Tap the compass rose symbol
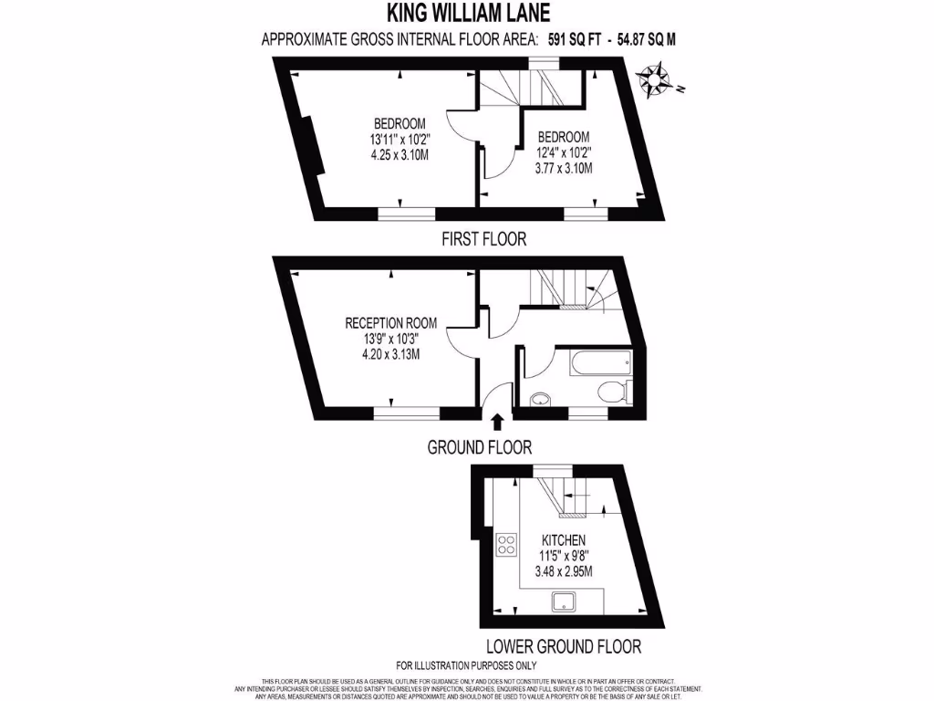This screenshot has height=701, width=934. coord(654,78)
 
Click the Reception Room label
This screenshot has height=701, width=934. coord(390,322)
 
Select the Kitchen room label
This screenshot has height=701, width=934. coord(563,541)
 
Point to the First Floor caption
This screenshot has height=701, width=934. coord(483,239)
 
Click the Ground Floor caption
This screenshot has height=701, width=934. coord(480,447)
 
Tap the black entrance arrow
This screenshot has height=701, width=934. coord(497,421)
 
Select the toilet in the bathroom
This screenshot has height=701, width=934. coord(613,392)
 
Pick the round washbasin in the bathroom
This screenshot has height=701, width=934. coord(540,398)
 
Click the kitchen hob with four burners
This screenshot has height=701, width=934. coord(505,545)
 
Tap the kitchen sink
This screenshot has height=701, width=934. coord(565,601)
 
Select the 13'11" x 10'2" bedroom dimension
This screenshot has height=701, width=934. coord(400,140)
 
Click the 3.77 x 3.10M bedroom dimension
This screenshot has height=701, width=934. coord(564,168)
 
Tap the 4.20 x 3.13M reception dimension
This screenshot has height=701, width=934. coord(390,353)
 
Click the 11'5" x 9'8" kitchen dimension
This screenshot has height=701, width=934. coord(563,557)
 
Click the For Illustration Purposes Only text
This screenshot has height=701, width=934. coord(466,665)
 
